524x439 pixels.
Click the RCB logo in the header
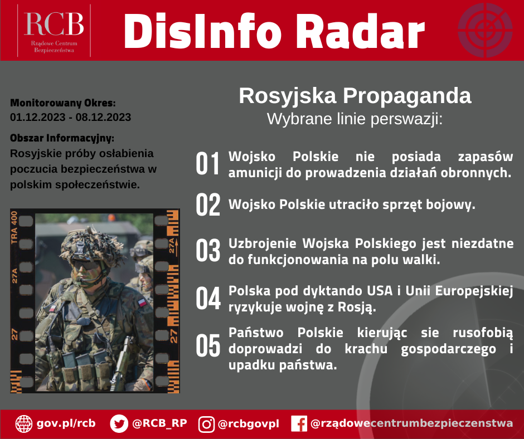click(54, 30)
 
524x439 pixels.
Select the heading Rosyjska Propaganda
click(355, 96)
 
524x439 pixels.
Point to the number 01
click(208, 164)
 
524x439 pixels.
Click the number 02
click(208, 205)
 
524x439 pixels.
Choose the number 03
click(208, 251)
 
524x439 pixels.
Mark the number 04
click(208, 299)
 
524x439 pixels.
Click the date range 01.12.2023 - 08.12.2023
click(70, 117)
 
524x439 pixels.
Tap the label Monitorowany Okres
click(63, 103)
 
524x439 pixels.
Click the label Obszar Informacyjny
click(62, 138)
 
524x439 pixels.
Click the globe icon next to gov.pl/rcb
click(23, 423)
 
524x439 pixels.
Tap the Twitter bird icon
click(119, 423)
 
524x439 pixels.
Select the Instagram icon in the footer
click(207, 424)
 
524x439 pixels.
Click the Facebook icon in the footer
click(299, 424)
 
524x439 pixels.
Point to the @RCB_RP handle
click(159, 423)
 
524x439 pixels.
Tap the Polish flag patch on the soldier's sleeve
click(143, 301)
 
